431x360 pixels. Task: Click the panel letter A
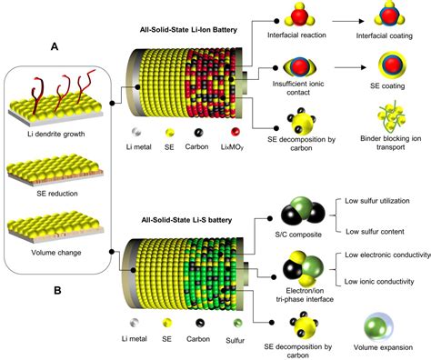point(56,46)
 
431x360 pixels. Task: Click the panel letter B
point(56,294)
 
